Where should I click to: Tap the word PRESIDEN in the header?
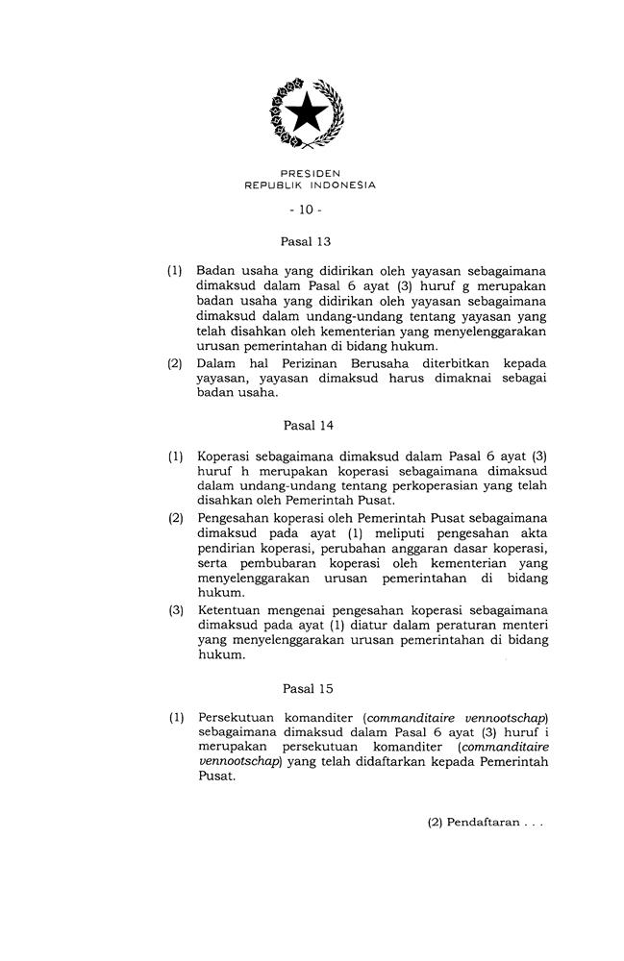[x=310, y=173]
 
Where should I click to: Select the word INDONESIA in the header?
[x=342, y=185]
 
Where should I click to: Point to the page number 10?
[x=310, y=209]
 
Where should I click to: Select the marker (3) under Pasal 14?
[x=176, y=611]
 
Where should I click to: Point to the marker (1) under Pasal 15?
[x=176, y=717]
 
